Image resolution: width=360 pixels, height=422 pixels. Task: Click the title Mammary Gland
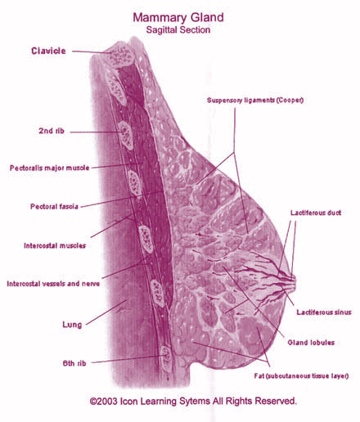[178, 17]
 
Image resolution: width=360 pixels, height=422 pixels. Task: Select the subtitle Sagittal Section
[178, 29]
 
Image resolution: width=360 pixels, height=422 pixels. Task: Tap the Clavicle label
[48, 51]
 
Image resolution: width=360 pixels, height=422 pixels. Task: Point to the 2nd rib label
[52, 131]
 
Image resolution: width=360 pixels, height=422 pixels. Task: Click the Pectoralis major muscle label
[50, 168]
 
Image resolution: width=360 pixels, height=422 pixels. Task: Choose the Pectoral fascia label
[54, 206]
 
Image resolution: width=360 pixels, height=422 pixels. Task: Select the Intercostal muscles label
[55, 245]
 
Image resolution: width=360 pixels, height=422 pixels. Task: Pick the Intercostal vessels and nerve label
[53, 284]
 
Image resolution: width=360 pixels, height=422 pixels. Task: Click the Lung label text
[72, 325]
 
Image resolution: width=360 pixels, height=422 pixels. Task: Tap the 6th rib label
[74, 363]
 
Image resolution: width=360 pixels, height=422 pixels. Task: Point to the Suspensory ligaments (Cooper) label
[255, 101]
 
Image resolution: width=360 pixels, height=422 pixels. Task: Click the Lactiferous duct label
[316, 213]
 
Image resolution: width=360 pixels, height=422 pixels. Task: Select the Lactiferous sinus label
[324, 312]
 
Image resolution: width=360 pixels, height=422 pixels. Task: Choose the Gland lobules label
[311, 343]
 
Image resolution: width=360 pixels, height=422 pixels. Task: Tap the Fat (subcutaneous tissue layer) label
[301, 376]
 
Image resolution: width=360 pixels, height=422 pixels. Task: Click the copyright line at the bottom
[193, 401]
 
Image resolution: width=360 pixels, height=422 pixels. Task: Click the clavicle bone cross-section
[121, 56]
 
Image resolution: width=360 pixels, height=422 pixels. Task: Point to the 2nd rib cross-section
[126, 135]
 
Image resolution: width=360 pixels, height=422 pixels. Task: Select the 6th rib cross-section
[165, 357]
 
